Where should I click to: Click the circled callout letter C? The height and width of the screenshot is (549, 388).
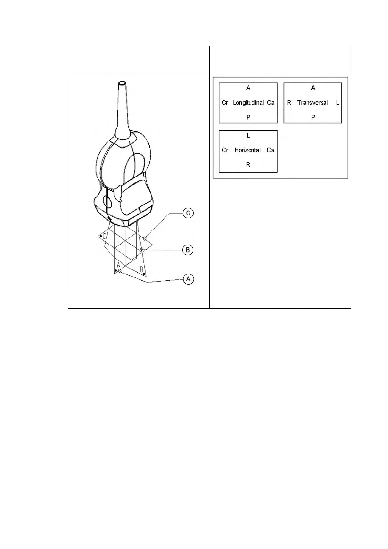pyautogui.click(x=188, y=213)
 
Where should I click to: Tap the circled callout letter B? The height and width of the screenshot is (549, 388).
pyautogui.click(x=188, y=250)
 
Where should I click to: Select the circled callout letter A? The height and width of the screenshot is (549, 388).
pyautogui.click(x=188, y=279)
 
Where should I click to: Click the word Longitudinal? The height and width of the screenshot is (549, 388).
pyautogui.click(x=248, y=103)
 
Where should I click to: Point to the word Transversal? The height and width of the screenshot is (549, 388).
pyautogui.click(x=312, y=103)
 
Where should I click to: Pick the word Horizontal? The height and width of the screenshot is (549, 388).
pyautogui.click(x=248, y=150)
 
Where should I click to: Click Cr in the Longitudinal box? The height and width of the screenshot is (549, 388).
pyautogui.click(x=225, y=103)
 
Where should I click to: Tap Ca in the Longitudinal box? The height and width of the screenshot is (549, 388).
pyautogui.click(x=271, y=103)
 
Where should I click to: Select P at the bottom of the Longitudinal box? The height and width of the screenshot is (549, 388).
pyautogui.click(x=248, y=117)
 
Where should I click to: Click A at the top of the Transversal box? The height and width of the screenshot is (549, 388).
pyautogui.click(x=313, y=88)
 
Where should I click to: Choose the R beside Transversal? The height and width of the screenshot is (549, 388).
pyautogui.click(x=289, y=103)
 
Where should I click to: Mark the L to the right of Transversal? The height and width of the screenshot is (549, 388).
pyautogui.click(x=338, y=103)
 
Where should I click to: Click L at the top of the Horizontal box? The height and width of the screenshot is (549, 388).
pyautogui.click(x=248, y=135)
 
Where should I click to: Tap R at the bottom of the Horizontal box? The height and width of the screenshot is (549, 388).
pyautogui.click(x=248, y=165)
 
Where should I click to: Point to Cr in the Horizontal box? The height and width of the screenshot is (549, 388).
pyautogui.click(x=225, y=150)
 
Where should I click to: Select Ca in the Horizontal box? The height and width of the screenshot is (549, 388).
pyautogui.click(x=271, y=150)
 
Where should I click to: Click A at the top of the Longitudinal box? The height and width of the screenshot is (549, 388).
pyautogui.click(x=248, y=88)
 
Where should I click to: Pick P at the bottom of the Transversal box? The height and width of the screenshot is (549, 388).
pyautogui.click(x=313, y=117)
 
